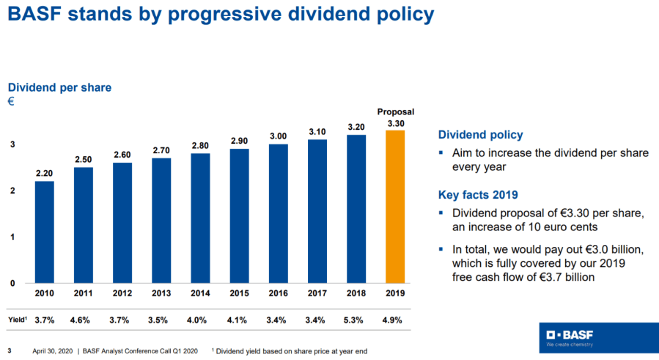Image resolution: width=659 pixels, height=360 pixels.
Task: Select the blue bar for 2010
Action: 44,232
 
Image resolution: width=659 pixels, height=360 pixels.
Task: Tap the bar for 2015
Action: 239,216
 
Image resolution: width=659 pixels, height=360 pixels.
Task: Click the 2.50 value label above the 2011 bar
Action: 83,160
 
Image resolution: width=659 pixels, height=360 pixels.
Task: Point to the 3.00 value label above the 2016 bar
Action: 278,136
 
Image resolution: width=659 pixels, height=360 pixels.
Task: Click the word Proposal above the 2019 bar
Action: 395,111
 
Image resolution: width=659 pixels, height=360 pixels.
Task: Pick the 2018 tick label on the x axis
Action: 356,293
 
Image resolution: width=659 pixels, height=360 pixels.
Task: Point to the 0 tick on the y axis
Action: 12,283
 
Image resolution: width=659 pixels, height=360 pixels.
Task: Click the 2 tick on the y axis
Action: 12,191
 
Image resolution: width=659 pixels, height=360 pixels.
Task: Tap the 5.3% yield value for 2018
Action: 356,319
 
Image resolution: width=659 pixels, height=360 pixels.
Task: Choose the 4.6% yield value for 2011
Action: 83,319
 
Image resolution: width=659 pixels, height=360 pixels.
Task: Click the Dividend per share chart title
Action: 59,87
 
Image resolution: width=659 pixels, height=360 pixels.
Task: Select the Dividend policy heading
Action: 480,135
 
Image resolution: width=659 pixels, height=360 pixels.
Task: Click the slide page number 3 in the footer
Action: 10,350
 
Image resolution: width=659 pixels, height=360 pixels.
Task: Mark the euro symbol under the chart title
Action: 11,101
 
